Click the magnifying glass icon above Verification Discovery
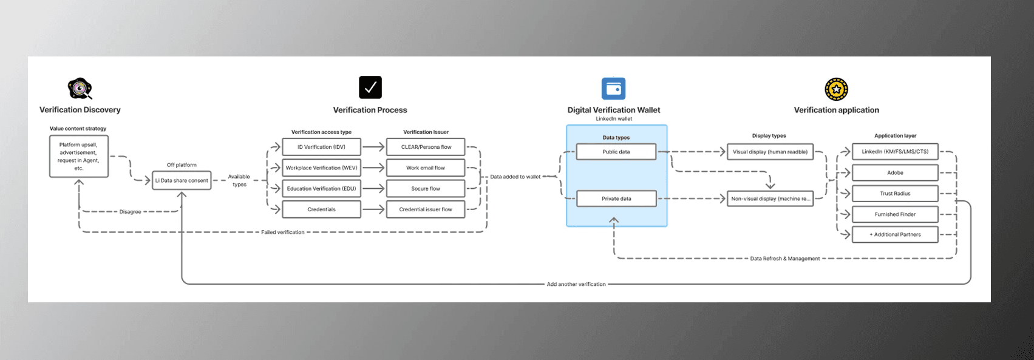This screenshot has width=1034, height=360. coord(80,89)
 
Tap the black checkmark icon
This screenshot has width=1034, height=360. coord(370,87)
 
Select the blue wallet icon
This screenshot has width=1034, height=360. coord(613,89)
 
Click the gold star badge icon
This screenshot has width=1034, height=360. coord(836,89)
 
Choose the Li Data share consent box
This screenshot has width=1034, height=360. coord(182,180)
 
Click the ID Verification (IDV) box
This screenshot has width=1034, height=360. coord(321,147)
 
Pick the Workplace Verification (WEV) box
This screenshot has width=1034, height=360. coord(321,168)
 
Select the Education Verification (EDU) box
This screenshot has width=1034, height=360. coord(321,189)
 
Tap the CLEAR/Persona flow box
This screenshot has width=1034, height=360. coord(426,147)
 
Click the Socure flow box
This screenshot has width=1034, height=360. coord(426,189)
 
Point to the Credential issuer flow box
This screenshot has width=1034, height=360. coord(426,209)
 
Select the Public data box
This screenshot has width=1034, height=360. coord(616,152)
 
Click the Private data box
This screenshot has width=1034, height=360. coord(616,199)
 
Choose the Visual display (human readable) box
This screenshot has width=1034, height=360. coord(770,152)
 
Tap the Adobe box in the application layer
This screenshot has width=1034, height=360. coord(895,172)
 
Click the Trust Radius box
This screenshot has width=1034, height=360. coord(895,194)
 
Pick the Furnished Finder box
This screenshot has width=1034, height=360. coord(895,214)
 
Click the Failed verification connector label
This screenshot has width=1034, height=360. coord(283,232)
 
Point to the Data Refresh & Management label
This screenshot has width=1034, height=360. coord(784,259)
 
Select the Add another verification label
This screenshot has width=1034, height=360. coord(576,284)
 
